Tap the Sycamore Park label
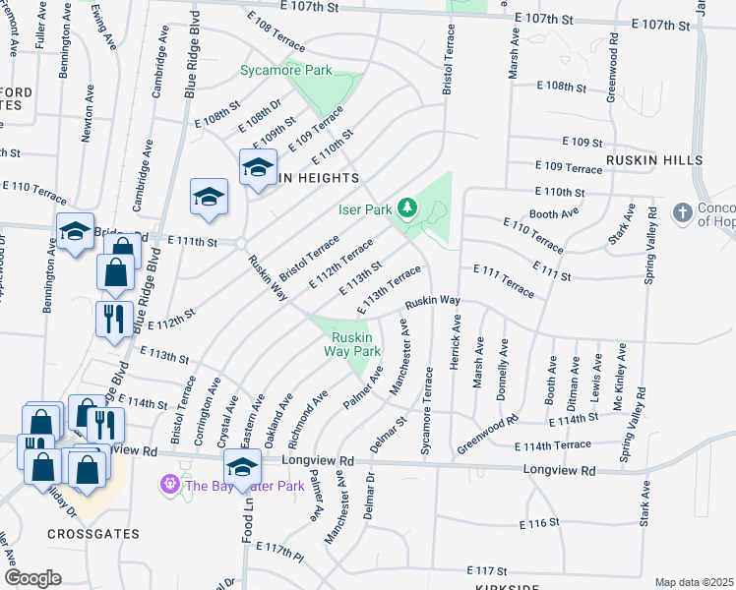pyautogui.click(x=286, y=71)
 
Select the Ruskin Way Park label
pyautogui.click(x=353, y=343)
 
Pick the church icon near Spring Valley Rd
pyautogui.click(x=682, y=212)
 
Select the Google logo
pyautogui.click(x=32, y=577)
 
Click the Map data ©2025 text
pyautogui.click(x=693, y=582)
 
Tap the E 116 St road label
pyautogui.click(x=539, y=523)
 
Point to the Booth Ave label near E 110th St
pyautogui.click(x=554, y=213)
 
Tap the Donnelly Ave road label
pyautogui.click(x=503, y=363)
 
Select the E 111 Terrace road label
pyautogui.click(x=504, y=280)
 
